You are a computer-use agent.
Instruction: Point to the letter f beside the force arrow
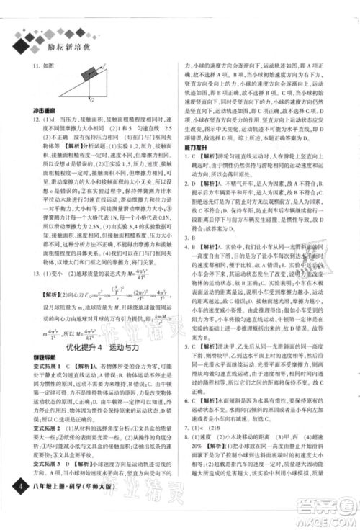click(103, 66)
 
